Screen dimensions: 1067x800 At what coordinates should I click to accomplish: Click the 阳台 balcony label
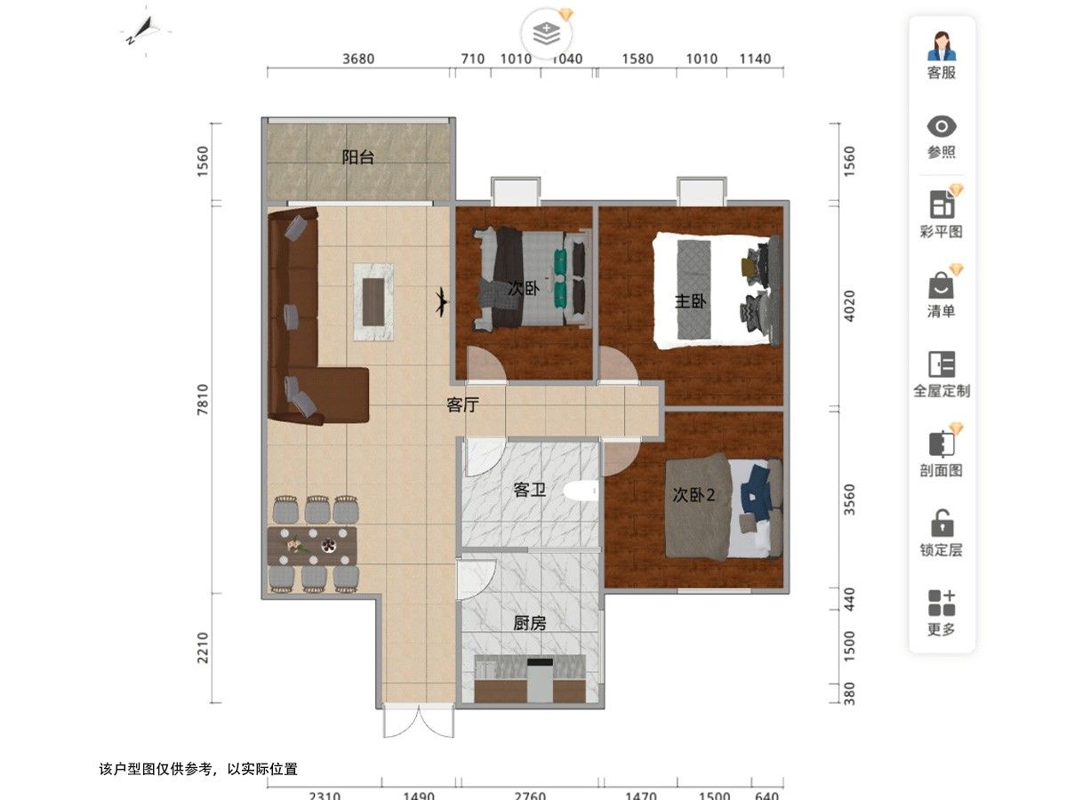point(357,157)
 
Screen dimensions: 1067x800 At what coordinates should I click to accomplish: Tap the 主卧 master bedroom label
point(690,301)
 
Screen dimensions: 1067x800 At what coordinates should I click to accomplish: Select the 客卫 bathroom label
point(529,490)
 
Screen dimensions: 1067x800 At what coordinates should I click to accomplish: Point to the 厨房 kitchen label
point(529,623)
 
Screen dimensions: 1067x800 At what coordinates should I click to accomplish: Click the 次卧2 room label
point(694,495)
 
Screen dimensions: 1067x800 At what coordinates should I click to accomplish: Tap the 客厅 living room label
point(462,404)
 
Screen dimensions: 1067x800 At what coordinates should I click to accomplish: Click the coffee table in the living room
point(373,302)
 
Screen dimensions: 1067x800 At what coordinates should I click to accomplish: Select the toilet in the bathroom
point(581,490)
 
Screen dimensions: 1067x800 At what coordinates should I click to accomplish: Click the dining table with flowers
point(311,546)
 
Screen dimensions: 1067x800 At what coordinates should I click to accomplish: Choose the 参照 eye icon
point(942,127)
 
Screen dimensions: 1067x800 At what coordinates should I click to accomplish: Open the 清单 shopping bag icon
point(941,285)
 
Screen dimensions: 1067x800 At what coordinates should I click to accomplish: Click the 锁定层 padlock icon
point(942,524)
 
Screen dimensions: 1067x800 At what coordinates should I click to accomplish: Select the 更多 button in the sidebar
point(942,613)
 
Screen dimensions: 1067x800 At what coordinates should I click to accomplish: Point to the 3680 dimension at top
point(358,59)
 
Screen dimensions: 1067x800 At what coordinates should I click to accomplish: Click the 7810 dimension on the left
point(203,399)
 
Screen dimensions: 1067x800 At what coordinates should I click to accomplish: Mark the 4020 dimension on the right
point(849,306)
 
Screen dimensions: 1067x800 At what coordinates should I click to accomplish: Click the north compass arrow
point(142,30)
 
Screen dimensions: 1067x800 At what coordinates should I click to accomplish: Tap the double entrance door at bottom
point(419,721)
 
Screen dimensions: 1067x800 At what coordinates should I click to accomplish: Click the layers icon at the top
point(546,34)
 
